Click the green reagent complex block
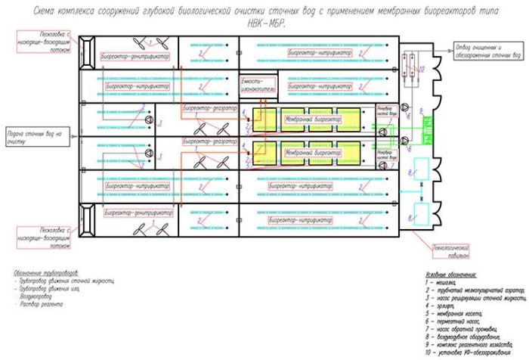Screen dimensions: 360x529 coord(414,129)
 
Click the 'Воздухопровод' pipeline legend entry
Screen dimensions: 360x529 coord(38,296)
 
